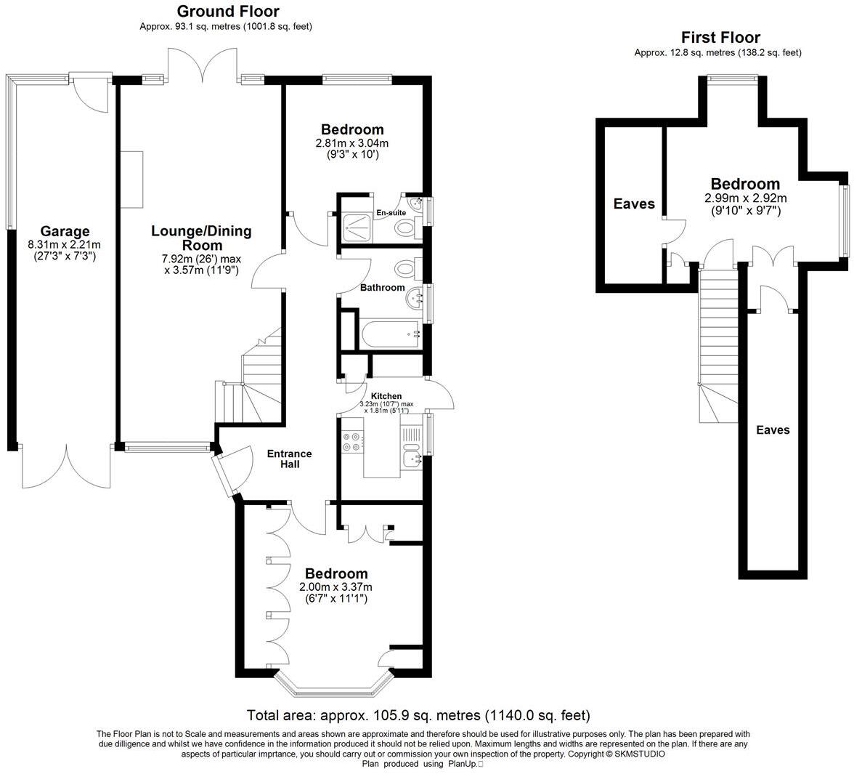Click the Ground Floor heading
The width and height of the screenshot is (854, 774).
tap(227, 11)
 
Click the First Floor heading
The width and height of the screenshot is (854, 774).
tap(720, 37)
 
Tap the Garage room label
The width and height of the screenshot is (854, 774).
tap(65, 232)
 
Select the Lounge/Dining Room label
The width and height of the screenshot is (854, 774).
tap(201, 238)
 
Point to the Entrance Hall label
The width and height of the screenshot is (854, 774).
tap(289, 459)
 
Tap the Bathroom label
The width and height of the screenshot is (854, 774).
tap(383, 288)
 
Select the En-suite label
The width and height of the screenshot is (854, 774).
tap(390, 213)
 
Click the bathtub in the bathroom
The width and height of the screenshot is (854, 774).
tap(391, 335)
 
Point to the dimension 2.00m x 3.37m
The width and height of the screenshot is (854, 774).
tap(335, 587)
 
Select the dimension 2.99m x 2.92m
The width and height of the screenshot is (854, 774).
tap(745, 198)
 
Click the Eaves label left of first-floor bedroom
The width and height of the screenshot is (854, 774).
tap(634, 204)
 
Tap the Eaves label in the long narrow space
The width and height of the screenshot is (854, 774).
tap(773, 430)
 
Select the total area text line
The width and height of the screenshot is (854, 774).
tap(418, 715)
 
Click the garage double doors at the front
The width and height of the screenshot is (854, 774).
tap(65, 465)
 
